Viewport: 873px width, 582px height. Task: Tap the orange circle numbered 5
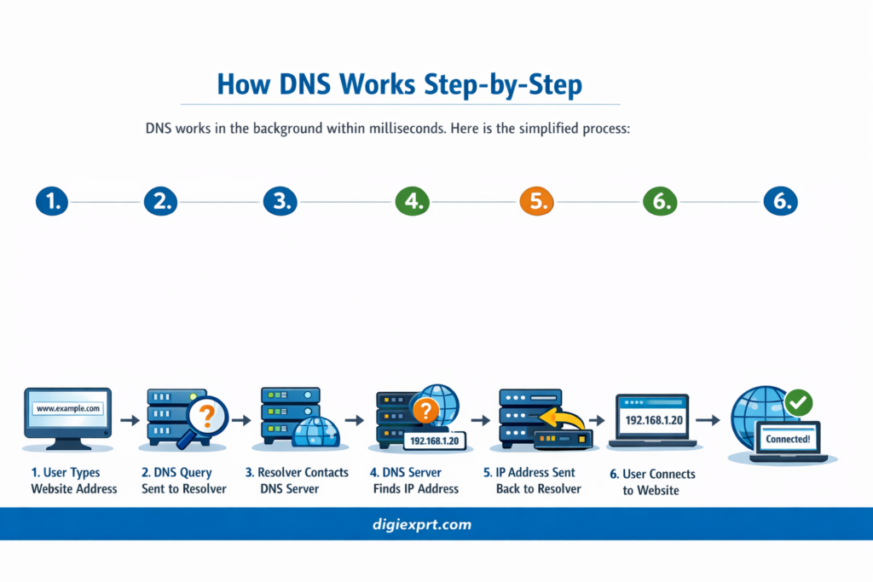(536, 201)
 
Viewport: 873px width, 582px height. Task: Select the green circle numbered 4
(413, 201)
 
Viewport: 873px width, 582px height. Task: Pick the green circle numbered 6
(659, 201)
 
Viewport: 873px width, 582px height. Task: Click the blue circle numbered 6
(779, 201)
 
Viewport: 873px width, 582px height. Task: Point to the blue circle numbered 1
(52, 201)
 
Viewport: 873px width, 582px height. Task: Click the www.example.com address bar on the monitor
(68, 409)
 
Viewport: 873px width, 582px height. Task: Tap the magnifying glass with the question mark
(205, 417)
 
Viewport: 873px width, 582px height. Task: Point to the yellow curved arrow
(564, 418)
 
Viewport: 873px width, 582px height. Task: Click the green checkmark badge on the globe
(798, 402)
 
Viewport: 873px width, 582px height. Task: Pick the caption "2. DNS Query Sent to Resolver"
(183, 481)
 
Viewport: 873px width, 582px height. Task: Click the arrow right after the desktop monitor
(130, 420)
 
